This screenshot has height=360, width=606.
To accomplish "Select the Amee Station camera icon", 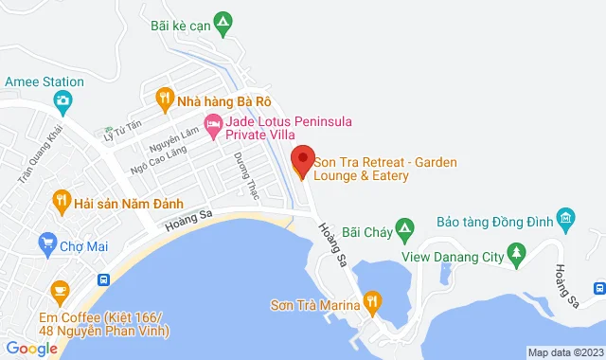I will [62, 100].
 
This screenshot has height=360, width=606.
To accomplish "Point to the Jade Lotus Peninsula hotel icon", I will [214, 124].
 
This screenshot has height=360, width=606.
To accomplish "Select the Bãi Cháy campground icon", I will [404, 227].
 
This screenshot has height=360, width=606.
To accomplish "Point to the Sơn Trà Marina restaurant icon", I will [372, 303].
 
